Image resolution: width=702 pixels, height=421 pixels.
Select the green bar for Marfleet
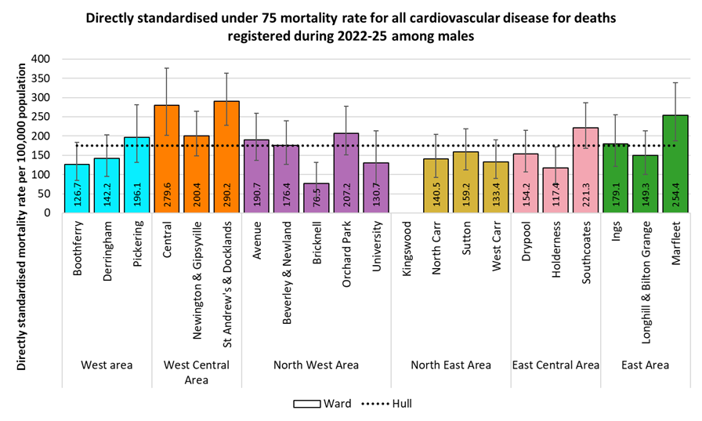pos(675,164)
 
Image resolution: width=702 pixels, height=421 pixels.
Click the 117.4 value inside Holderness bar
pos(555,195)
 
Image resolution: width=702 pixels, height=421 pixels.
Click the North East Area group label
pos(451,365)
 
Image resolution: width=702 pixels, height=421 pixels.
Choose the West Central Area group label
pos(196,372)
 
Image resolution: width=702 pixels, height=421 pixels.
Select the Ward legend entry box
pos(310,404)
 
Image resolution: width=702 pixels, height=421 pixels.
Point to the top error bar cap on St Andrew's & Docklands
pos(226,73)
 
